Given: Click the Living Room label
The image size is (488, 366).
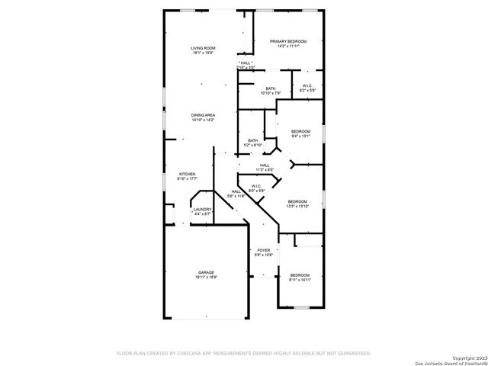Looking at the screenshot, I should [x=203, y=48].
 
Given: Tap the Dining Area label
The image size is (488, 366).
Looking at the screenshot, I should [x=203, y=115].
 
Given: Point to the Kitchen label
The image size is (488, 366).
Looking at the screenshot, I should [x=188, y=174].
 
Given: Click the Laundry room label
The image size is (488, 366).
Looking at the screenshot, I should [x=202, y=209].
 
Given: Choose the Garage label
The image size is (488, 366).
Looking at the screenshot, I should [x=206, y=272].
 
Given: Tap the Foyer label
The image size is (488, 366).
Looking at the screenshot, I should [x=264, y=250].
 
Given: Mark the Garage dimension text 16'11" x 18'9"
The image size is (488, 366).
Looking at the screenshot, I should [x=206, y=278].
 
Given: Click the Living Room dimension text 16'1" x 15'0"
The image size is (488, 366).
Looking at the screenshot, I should [x=203, y=53].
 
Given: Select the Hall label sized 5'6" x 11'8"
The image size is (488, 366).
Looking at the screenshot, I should [x=236, y=191].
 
